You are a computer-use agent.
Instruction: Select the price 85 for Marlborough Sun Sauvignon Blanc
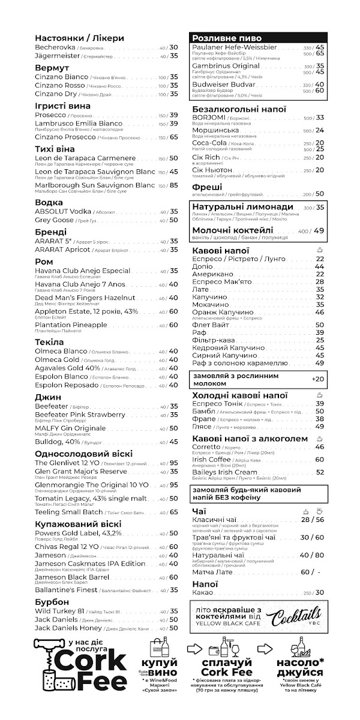[x=173, y=185]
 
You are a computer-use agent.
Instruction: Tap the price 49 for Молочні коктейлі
[x=318, y=230]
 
